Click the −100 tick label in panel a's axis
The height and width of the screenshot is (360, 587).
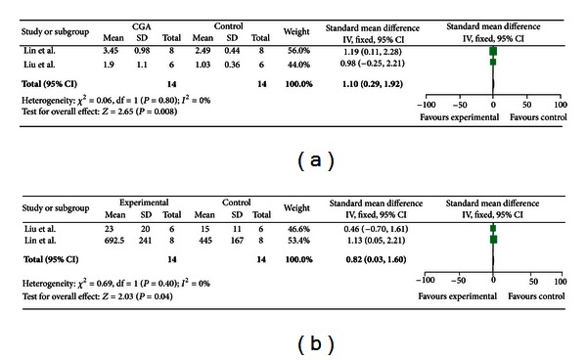click(427, 103)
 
